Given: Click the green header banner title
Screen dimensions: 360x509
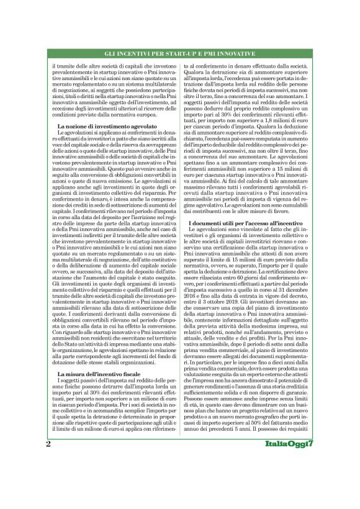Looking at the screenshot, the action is pyautogui.click(x=179, y=55).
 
